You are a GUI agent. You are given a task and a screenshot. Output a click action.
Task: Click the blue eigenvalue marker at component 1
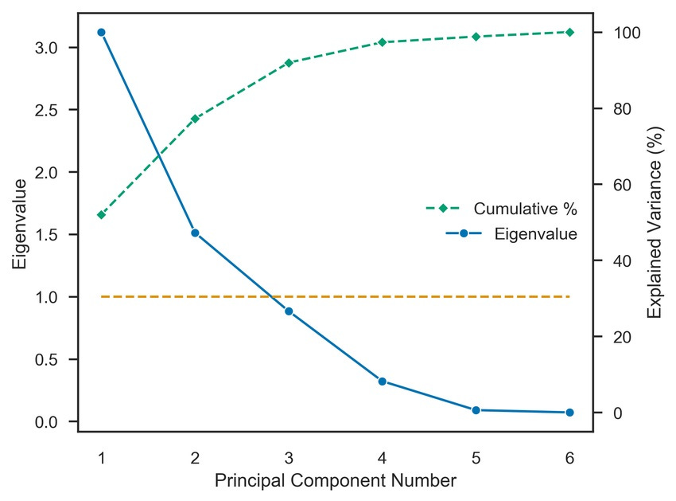click(101, 32)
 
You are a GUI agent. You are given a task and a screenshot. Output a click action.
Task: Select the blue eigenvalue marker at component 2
click(195, 233)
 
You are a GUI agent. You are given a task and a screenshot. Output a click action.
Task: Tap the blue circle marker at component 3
click(289, 311)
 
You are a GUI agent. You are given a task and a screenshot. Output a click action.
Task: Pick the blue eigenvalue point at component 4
click(383, 381)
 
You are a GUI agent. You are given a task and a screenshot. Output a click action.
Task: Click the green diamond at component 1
click(101, 214)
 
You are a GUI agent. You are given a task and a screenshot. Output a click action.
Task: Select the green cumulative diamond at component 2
click(195, 118)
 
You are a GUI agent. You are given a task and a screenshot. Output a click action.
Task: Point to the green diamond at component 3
click(289, 62)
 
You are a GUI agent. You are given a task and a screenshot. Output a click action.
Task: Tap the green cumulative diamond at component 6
click(569, 32)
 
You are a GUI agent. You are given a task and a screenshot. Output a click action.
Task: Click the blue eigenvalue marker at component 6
click(569, 413)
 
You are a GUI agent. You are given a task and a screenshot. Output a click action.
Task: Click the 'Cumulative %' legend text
click(525, 209)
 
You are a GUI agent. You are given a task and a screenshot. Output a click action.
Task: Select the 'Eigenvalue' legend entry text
click(535, 234)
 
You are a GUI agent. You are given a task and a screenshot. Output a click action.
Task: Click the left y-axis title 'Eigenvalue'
click(20, 222)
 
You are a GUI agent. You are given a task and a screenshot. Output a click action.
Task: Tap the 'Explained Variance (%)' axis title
click(655, 222)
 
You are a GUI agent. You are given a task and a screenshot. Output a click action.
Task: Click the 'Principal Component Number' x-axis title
click(335, 481)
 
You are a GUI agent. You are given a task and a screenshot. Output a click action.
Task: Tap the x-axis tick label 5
click(476, 457)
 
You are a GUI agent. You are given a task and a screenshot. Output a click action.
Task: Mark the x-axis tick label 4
click(383, 457)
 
